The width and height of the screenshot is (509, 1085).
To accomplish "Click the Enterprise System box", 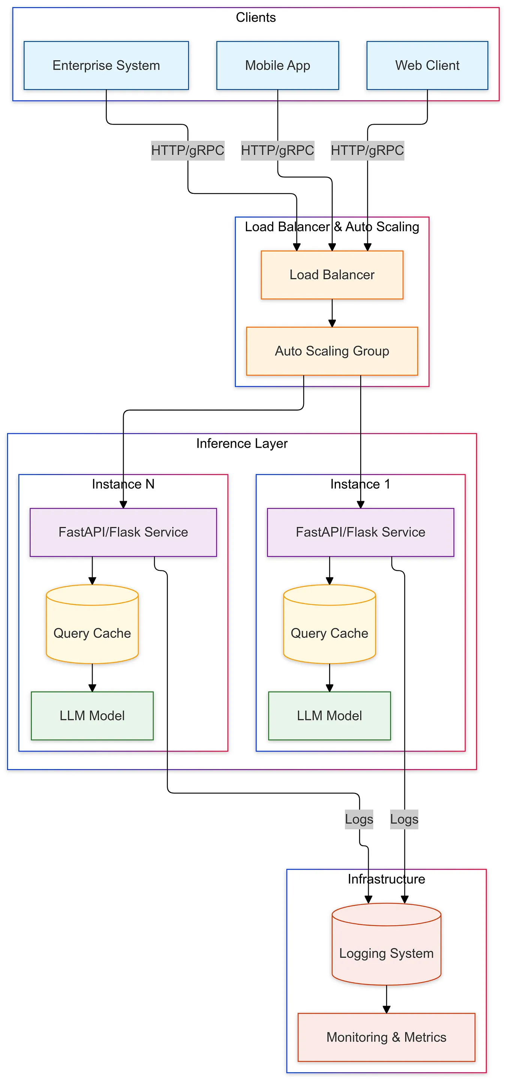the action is pyautogui.click(x=106, y=65).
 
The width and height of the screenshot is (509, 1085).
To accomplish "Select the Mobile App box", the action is pyautogui.click(x=277, y=65).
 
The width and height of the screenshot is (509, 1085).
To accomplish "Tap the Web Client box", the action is pyautogui.click(x=427, y=65).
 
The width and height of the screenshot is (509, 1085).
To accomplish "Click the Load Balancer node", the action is pyautogui.click(x=332, y=275).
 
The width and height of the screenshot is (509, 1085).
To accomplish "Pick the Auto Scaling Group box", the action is pyautogui.click(x=332, y=351).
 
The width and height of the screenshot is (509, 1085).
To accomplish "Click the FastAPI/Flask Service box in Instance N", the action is pyautogui.click(x=123, y=532).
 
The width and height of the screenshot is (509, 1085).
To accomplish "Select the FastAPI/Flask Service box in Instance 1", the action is pyautogui.click(x=361, y=532).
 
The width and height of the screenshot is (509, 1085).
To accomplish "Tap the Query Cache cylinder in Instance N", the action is pyautogui.click(x=92, y=624).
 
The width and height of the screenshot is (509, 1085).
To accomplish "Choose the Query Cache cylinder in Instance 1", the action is pyautogui.click(x=329, y=624).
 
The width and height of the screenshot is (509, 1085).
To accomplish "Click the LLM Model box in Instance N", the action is pyautogui.click(x=92, y=716).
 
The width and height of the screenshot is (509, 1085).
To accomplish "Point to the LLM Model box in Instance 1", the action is pyautogui.click(x=329, y=716).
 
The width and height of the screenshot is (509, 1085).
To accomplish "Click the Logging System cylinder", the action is pyautogui.click(x=386, y=944).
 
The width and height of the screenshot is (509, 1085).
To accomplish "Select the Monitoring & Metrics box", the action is pyautogui.click(x=386, y=1037).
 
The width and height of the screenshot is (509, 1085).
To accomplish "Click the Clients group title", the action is pyautogui.click(x=256, y=17).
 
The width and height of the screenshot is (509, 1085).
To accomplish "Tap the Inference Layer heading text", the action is pyautogui.click(x=242, y=444).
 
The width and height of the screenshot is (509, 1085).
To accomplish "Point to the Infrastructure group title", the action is pyautogui.click(x=386, y=879).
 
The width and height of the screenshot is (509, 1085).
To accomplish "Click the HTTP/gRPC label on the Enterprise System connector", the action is pyautogui.click(x=188, y=150).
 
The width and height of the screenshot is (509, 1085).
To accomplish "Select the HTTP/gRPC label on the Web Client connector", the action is pyautogui.click(x=367, y=150).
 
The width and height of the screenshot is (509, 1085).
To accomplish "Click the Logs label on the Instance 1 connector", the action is pyautogui.click(x=404, y=819).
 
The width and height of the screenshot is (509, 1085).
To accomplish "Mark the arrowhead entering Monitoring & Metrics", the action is pyautogui.click(x=386, y=1010).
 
